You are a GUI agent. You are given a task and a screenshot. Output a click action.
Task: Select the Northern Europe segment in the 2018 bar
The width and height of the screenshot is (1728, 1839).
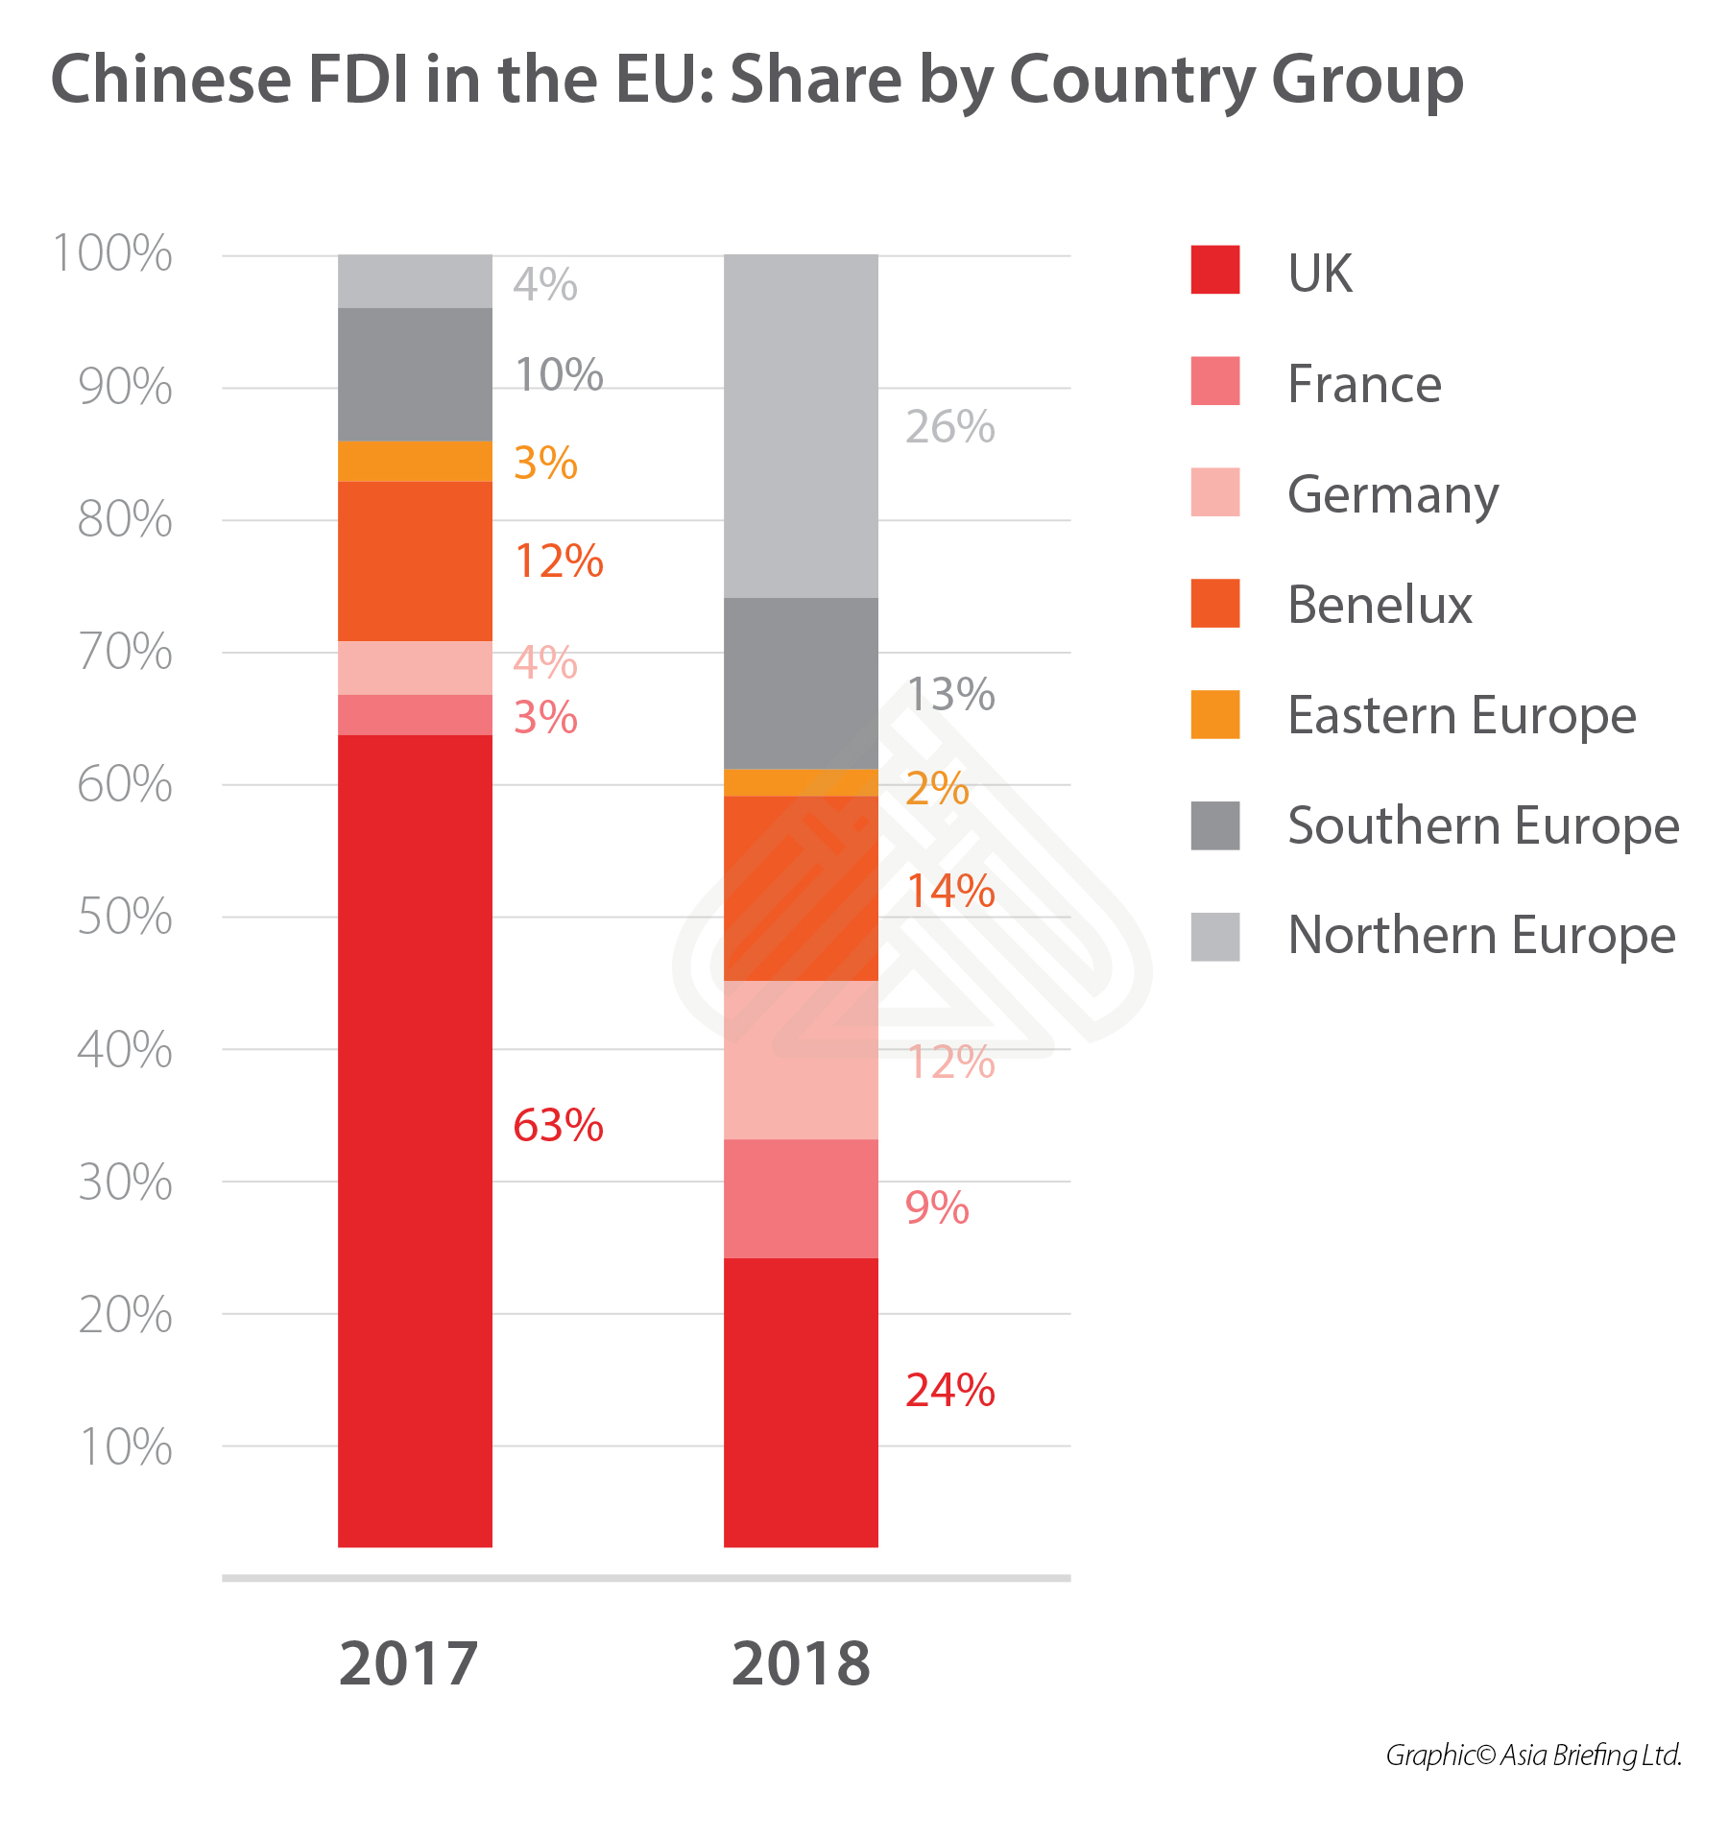coord(801,426)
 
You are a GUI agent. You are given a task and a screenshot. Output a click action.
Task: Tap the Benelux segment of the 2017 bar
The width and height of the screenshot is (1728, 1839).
coord(415,561)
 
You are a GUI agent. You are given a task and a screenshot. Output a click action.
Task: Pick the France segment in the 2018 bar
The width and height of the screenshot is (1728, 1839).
coord(801,1198)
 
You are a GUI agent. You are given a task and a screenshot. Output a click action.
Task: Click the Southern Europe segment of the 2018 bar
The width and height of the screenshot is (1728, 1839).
coord(801,682)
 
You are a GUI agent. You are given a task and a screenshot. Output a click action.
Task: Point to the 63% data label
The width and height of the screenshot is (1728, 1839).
coord(558,1125)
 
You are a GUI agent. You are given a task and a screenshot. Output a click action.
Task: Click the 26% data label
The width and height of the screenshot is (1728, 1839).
coord(949,426)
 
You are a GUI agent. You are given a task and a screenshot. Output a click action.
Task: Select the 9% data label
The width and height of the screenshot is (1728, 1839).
coord(937,1207)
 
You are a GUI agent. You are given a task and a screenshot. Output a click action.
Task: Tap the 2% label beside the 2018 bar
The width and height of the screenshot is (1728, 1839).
coord(937,788)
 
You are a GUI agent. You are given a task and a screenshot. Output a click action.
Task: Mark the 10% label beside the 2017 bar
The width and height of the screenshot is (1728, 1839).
coord(559,374)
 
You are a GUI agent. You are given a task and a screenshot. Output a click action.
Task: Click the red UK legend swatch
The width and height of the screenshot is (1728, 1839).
coord(1214,270)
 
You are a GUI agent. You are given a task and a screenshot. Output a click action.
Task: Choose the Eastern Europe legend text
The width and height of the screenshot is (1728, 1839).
coord(1461,715)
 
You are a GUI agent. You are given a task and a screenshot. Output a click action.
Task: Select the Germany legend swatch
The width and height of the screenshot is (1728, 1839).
coord(1214,492)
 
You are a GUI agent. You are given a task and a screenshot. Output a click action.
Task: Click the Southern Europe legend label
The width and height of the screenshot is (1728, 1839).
coord(1483,825)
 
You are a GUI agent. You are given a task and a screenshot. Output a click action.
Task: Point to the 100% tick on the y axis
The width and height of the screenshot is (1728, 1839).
coord(113,253)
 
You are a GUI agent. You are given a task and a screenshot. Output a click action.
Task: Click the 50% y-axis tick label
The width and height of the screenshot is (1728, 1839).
coord(125,917)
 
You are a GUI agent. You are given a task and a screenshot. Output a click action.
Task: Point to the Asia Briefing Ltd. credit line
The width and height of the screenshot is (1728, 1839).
coord(1533,1755)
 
